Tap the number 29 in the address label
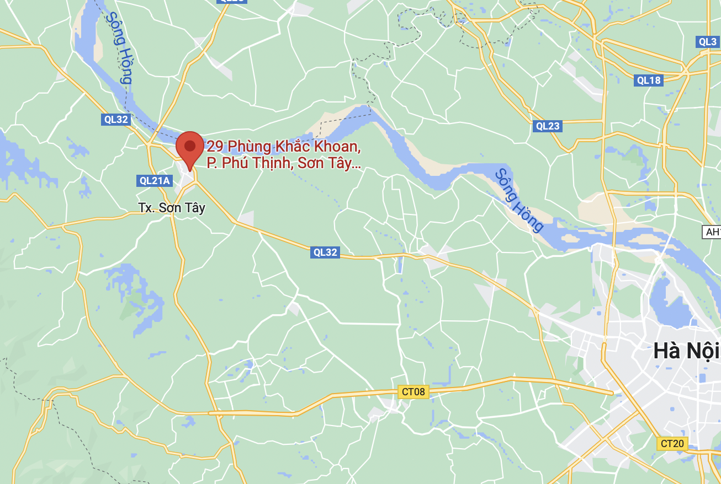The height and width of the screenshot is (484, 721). pos(215,147)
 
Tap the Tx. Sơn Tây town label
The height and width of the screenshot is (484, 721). pos(171,208)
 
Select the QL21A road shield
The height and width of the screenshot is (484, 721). pos(154,180)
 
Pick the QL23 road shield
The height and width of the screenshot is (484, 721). pos(548,126)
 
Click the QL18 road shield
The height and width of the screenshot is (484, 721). pos(648,80)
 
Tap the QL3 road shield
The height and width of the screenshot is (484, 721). pos(707,42)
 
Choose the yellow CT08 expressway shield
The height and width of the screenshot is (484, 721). pos(413,391)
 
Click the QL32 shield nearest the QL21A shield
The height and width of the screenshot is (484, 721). pos(115,120)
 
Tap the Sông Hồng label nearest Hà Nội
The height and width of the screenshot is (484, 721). pos(519,200)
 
